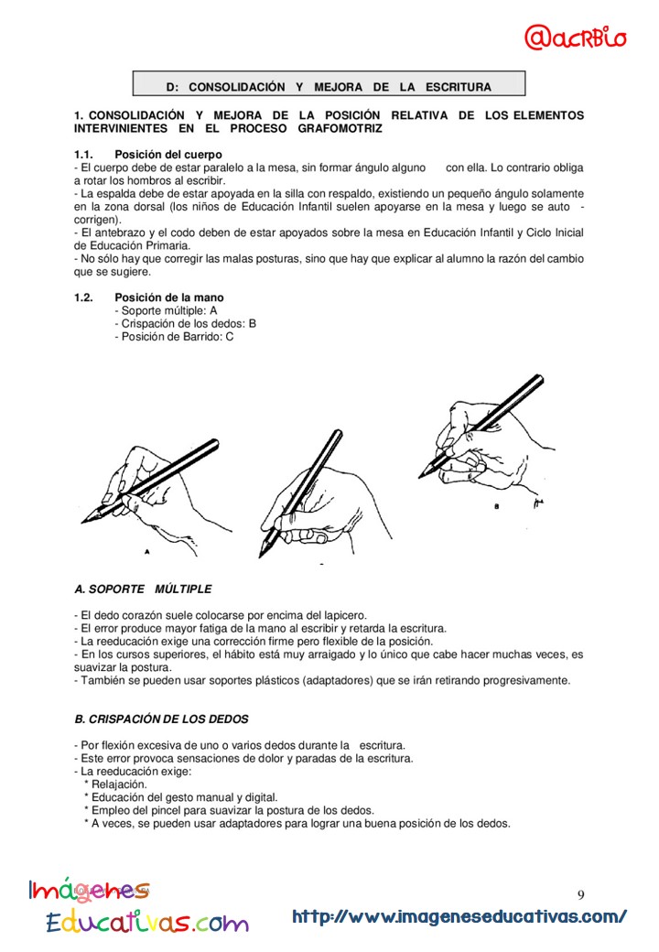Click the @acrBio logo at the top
[x=576, y=38]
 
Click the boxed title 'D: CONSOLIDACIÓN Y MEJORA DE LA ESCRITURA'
[x=329, y=87]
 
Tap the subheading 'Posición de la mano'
[x=168, y=297]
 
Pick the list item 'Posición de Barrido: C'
[x=174, y=336]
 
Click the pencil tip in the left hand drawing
[x=84, y=521]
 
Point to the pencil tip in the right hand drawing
[x=421, y=473]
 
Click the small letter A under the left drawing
[x=146, y=552]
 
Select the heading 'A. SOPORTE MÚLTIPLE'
[x=143, y=589]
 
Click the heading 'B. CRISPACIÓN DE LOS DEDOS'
[x=161, y=719]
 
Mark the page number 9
[x=581, y=894]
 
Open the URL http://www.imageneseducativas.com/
[x=459, y=916]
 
